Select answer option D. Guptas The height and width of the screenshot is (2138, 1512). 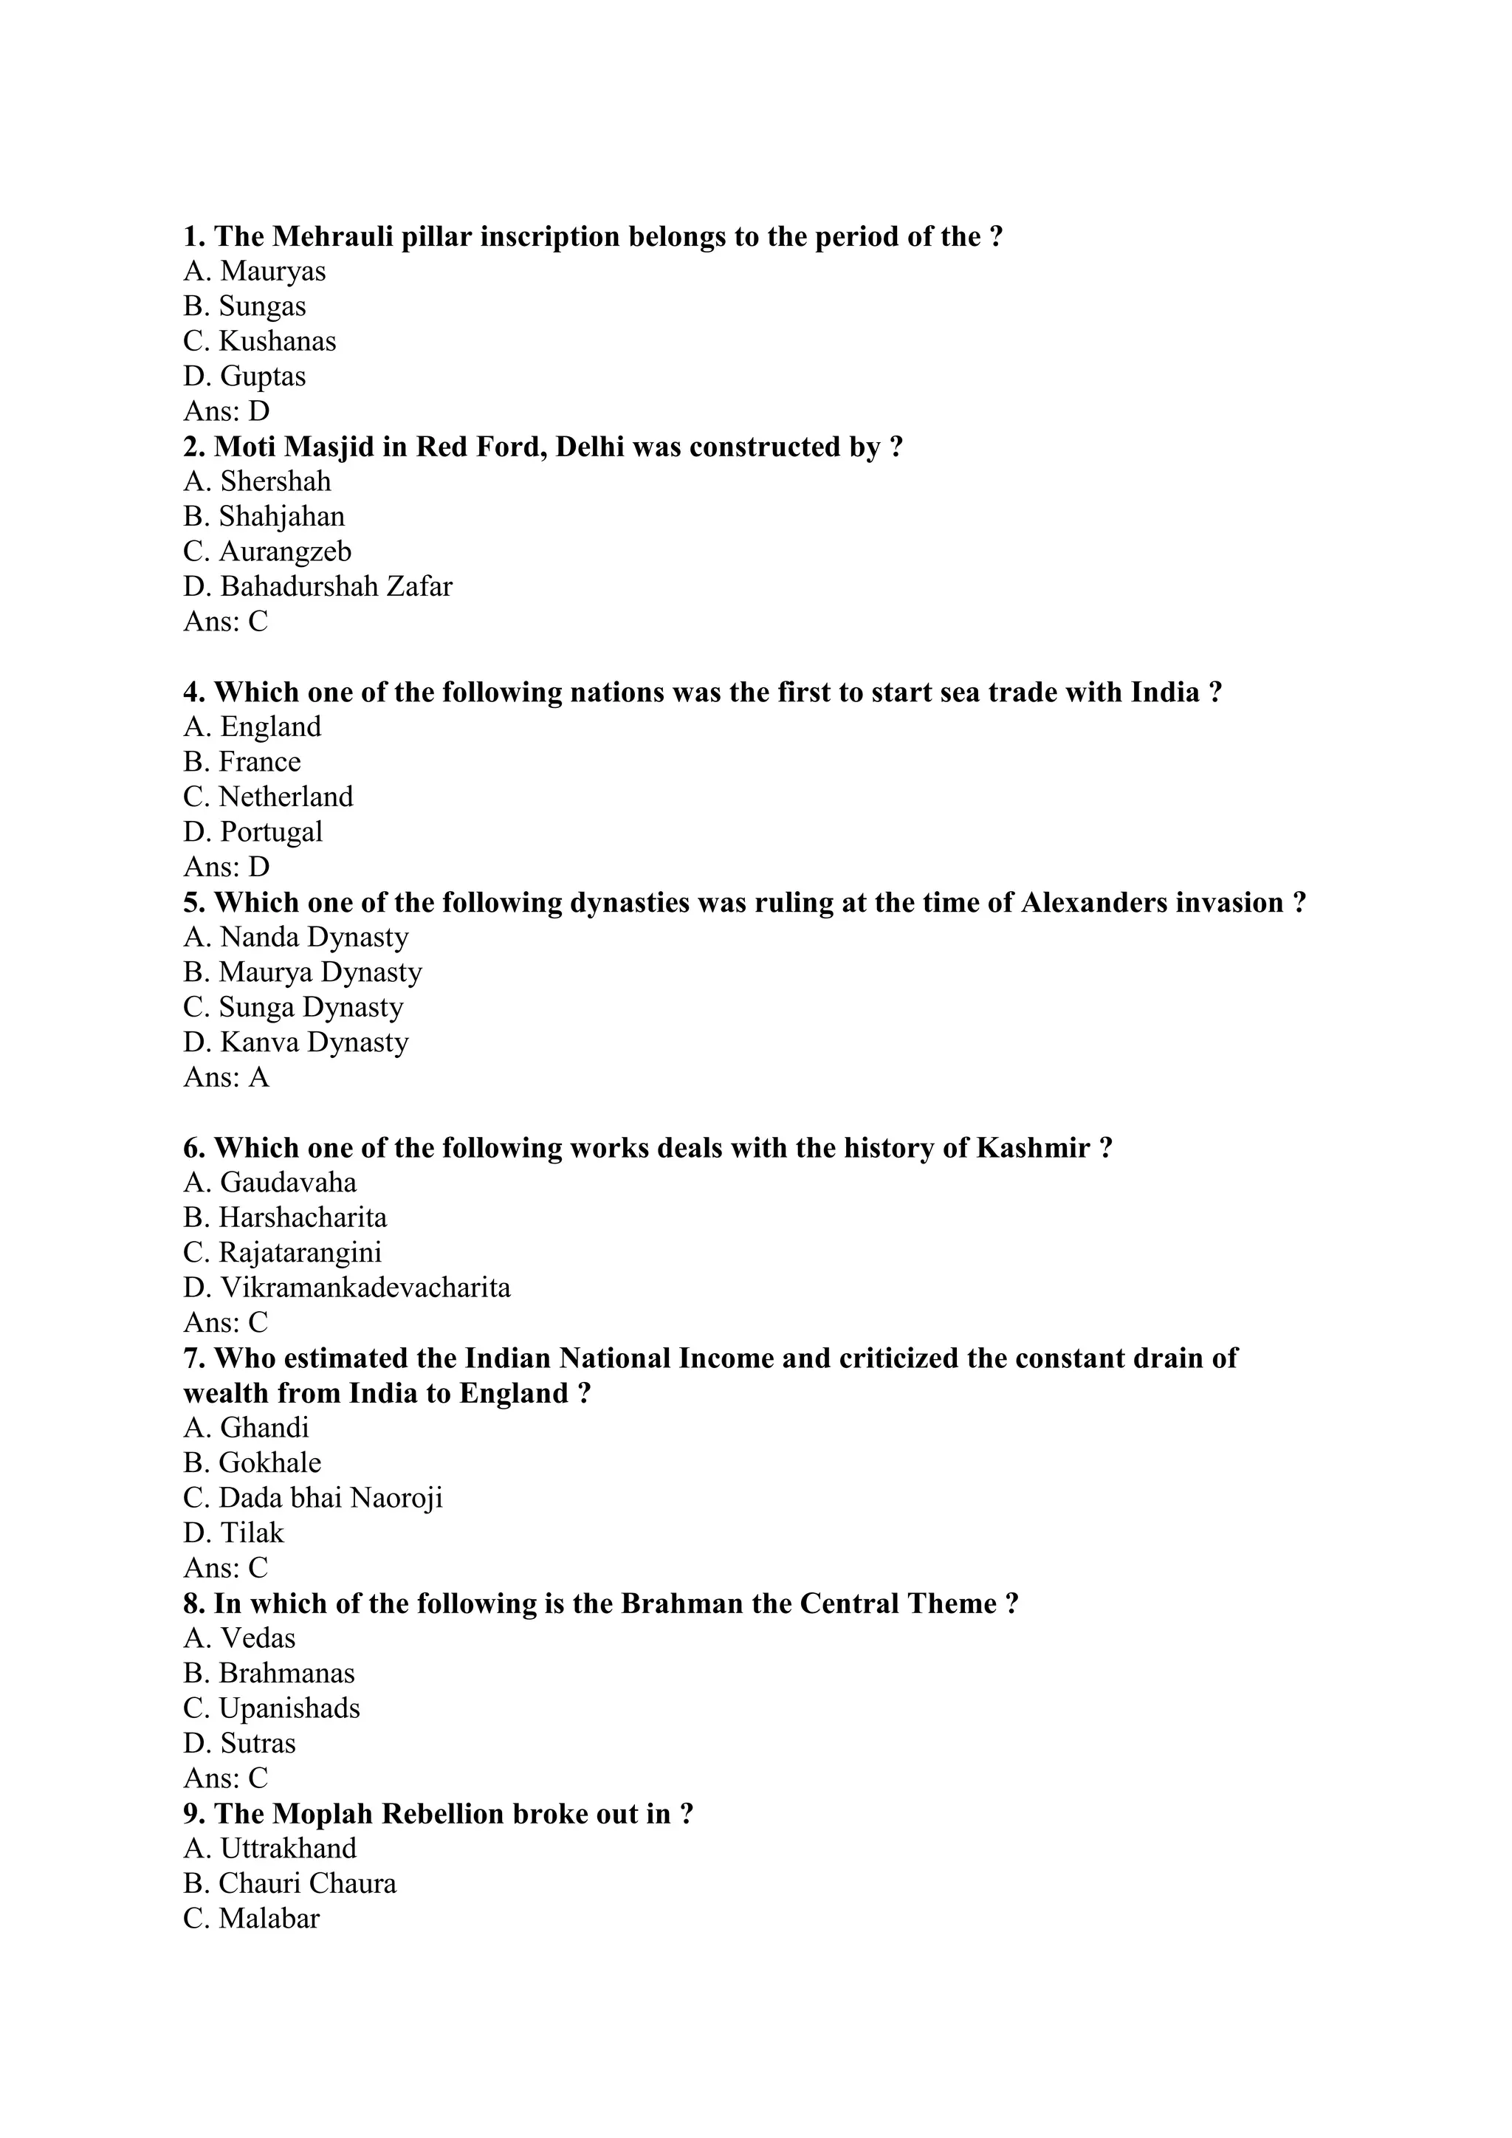(x=245, y=377)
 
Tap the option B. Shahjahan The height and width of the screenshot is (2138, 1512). (x=264, y=517)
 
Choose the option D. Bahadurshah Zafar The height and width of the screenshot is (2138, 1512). (x=317, y=587)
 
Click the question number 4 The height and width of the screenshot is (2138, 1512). (x=193, y=692)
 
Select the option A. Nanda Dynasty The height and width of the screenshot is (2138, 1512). (x=296, y=938)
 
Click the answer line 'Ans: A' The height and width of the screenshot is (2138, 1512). (x=226, y=1077)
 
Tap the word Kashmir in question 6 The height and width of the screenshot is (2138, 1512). (x=1033, y=1148)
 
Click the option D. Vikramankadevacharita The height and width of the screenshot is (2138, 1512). (x=346, y=1288)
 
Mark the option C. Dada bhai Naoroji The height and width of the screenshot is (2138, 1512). (x=313, y=1497)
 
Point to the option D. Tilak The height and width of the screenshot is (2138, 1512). (x=234, y=1533)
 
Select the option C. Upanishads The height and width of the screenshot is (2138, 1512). (x=271, y=1708)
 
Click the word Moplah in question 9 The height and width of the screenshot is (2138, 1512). (x=317, y=1814)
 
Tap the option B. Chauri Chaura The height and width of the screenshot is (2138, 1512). (x=289, y=1884)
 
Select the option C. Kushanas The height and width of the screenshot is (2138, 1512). (x=260, y=342)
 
